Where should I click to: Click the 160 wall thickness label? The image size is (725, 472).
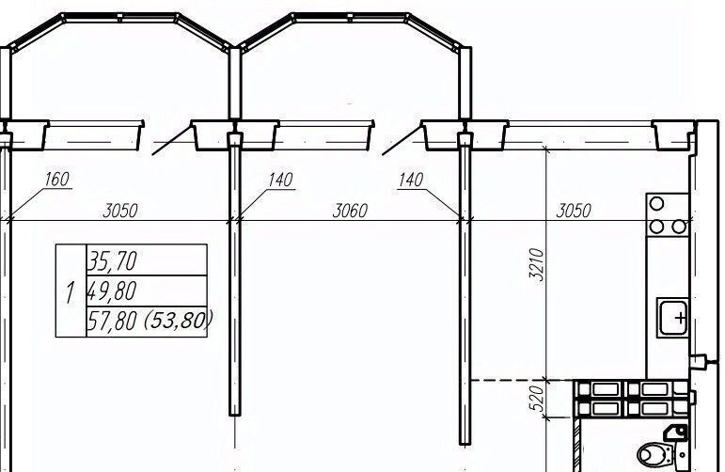[x=56, y=180]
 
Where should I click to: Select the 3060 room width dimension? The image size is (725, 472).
[x=350, y=211]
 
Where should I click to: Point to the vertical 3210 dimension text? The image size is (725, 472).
[x=536, y=264]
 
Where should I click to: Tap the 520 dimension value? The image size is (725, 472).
[x=536, y=399]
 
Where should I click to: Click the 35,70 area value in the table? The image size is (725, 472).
[x=112, y=260]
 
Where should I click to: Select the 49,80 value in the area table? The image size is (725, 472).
[x=112, y=291]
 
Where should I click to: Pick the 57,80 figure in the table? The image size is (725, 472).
[x=112, y=321]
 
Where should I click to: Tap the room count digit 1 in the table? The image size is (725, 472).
[x=70, y=292]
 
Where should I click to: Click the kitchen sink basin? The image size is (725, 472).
[x=672, y=317]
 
